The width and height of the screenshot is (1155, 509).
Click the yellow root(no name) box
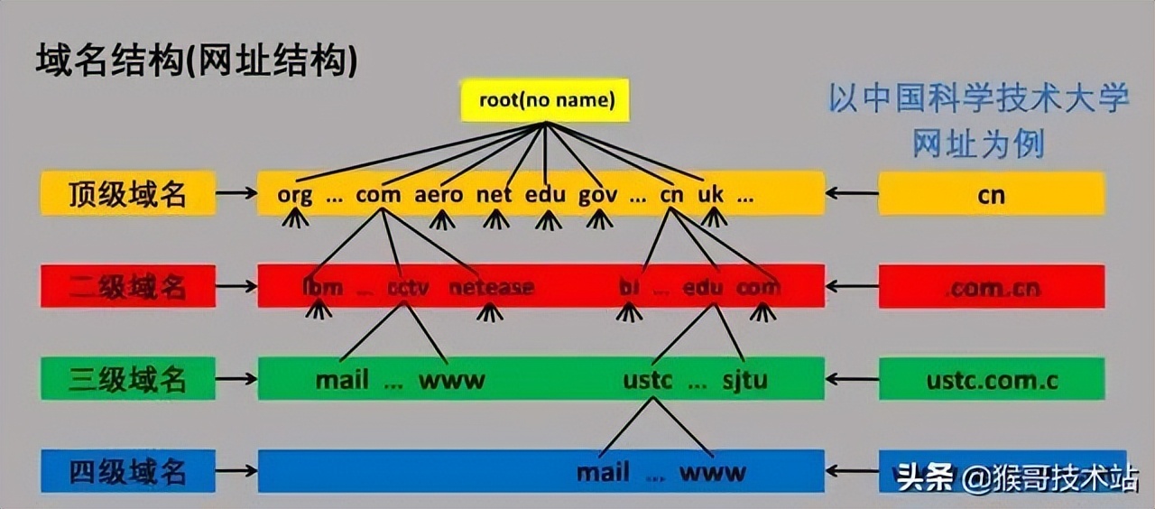(545, 99)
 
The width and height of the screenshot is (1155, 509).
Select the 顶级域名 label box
(127, 194)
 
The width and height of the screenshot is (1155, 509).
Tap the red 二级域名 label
(127, 287)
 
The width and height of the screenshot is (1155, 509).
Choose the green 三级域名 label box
(127, 379)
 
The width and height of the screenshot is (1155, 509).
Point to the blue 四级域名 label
(127, 471)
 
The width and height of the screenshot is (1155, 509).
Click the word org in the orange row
(295, 195)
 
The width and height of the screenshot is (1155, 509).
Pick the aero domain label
(439, 195)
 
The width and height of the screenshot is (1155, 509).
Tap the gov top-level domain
(597, 195)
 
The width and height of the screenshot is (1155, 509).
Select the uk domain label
(711, 195)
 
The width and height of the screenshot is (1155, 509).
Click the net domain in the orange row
(494, 195)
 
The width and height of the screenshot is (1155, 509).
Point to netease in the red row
(492, 288)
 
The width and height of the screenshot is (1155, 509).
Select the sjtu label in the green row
(744, 380)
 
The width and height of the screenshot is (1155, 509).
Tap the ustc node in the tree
(648, 380)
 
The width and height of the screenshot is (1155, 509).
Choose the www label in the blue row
(713, 472)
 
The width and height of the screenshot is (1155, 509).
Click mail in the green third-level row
(342, 380)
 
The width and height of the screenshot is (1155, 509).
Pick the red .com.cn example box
(992, 288)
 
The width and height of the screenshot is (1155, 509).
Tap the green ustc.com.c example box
(992, 380)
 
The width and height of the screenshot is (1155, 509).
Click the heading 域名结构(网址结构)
(197, 60)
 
